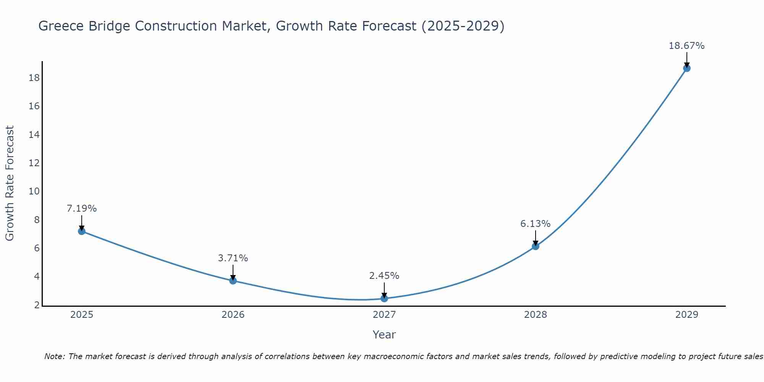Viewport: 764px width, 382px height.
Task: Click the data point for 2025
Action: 81,231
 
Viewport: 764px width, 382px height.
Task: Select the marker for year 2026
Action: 233,281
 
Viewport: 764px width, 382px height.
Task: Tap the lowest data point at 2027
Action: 384,298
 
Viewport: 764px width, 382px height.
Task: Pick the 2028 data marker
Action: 536,246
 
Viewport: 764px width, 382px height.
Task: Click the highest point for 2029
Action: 687,68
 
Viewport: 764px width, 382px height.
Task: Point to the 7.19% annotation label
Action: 82,209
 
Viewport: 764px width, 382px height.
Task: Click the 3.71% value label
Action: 233,258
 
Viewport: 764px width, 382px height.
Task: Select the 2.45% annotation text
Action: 384,276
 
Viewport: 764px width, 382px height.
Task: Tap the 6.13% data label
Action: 536,224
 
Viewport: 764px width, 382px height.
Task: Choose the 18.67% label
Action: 686,46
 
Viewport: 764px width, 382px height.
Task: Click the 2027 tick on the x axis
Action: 384,315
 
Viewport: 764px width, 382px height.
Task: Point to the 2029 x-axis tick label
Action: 687,315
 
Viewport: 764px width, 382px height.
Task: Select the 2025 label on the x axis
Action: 82,315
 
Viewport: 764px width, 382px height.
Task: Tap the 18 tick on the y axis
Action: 34,78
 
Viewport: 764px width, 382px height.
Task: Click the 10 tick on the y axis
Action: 34,191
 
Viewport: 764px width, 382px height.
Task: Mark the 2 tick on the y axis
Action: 37,305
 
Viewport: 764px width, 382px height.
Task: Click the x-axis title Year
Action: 384,335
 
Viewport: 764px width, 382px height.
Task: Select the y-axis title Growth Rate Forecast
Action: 10,183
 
